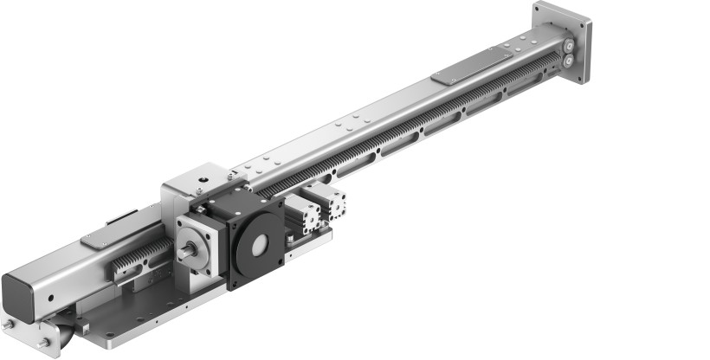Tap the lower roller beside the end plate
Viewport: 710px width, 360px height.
click(568, 61)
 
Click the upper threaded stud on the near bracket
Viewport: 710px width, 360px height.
click(8, 325)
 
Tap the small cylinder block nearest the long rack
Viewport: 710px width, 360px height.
click(333, 205)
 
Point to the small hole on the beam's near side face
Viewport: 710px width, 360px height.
click(51, 298)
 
